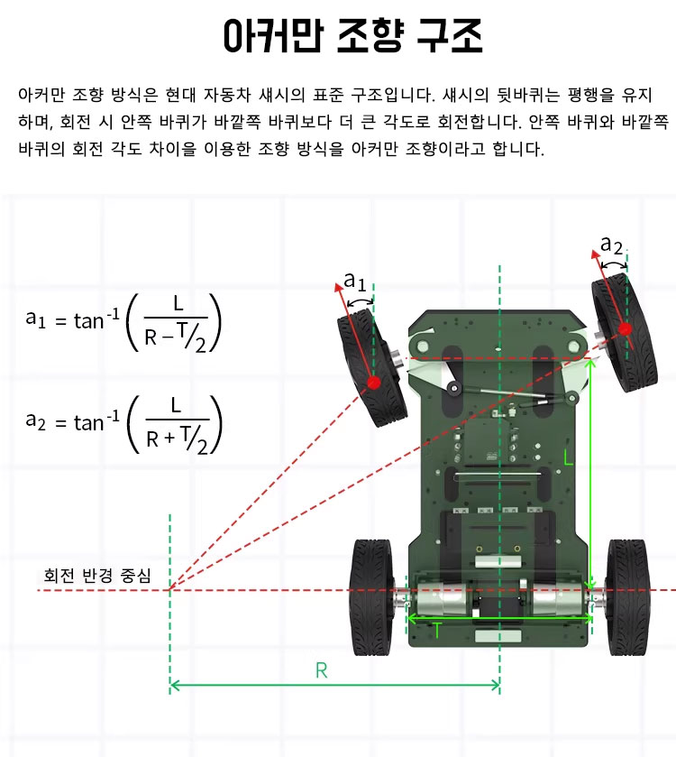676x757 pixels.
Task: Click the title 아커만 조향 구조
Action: (352, 36)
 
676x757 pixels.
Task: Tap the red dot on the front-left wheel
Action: (373, 383)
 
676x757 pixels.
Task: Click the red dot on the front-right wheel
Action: (625, 329)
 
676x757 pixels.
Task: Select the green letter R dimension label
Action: (321, 670)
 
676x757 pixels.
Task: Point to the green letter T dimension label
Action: (437, 630)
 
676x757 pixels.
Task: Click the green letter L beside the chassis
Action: (569, 457)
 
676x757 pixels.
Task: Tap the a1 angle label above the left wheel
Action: (355, 281)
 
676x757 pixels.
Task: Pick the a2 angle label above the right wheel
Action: (611, 245)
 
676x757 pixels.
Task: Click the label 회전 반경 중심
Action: (97, 576)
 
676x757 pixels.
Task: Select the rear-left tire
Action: (373, 597)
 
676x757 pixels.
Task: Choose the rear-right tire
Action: (628, 597)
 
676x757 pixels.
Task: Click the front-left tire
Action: (372, 367)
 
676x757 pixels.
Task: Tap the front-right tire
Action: (625, 332)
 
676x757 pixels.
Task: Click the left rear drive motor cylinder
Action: (440, 599)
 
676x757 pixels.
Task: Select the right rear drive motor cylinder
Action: (556, 599)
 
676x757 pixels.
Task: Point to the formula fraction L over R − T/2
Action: (176, 324)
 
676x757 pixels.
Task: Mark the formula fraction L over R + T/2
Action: (177, 425)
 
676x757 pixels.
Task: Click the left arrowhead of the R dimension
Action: (174, 685)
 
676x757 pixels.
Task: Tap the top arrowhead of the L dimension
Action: (591, 363)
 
